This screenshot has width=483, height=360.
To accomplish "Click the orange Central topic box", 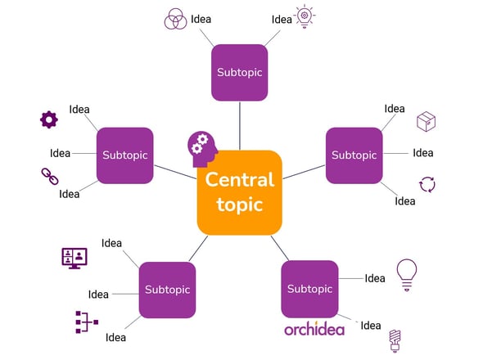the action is (240, 192).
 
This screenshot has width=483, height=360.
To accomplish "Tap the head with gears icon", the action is (202, 150).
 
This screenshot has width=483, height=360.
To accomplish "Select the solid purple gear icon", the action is (49, 119).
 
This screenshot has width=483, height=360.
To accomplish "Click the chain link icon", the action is (50, 176).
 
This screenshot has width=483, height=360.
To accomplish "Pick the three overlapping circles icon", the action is (175, 19).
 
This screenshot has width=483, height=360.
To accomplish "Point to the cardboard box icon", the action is (426, 121).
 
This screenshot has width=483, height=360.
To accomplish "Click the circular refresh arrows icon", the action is (427, 184).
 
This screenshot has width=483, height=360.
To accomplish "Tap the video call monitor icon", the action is (74, 258).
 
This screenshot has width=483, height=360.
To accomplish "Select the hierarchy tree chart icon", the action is (87, 322).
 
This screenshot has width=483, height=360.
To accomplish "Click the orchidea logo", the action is (314, 329).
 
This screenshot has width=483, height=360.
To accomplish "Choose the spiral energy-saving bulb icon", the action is (395, 340).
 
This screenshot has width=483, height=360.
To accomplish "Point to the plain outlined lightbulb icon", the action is (407, 275).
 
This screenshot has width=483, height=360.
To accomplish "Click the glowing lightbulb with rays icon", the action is (305, 16).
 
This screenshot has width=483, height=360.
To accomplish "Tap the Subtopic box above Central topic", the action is (240, 72).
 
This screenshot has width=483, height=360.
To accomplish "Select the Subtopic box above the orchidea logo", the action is (309, 289).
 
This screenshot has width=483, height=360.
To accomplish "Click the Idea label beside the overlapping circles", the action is (201, 19).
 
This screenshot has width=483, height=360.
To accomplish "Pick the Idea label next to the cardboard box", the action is (395, 109).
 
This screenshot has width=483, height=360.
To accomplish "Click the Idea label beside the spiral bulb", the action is (371, 326).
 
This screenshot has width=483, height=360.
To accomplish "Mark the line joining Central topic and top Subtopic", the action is (240, 126).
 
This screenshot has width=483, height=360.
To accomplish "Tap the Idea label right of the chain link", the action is (70, 194).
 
